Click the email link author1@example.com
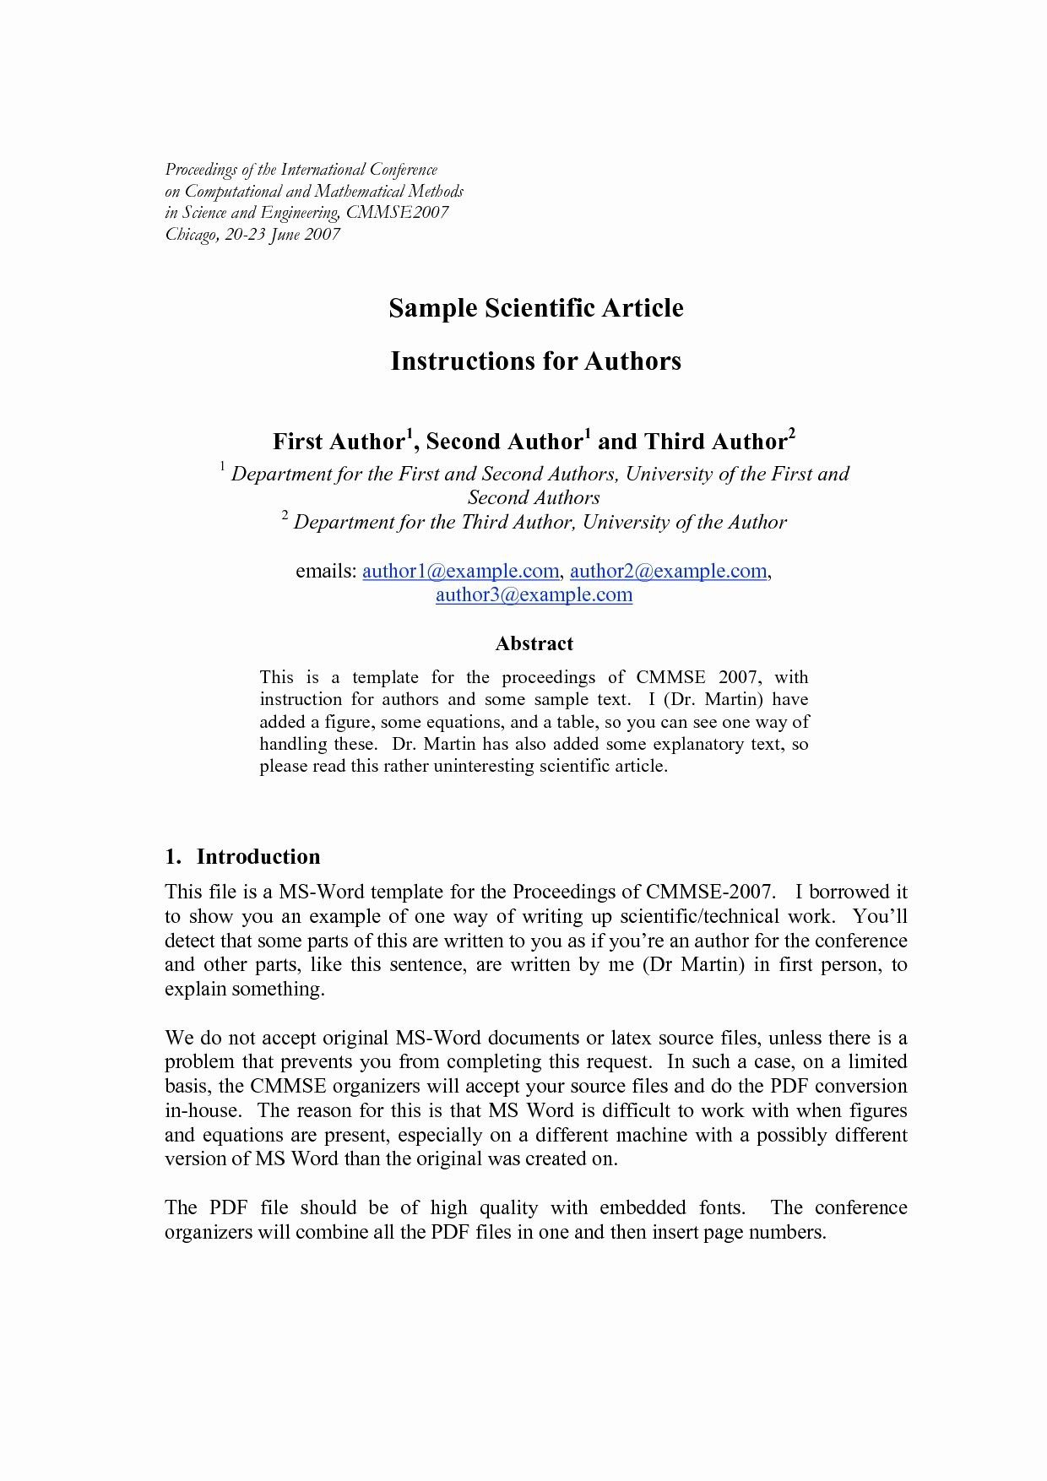click(x=460, y=572)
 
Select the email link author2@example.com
click(x=668, y=572)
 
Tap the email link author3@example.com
click(x=534, y=595)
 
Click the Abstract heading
click(x=534, y=644)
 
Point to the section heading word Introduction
click(x=258, y=857)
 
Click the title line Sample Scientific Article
click(x=535, y=308)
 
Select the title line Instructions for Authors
click(x=535, y=361)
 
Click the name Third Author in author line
click(x=715, y=442)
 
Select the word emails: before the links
click(x=326, y=572)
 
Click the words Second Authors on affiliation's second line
click(x=534, y=498)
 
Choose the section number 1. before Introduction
click(x=172, y=857)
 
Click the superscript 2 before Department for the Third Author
click(x=285, y=516)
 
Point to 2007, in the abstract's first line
click(x=740, y=677)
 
